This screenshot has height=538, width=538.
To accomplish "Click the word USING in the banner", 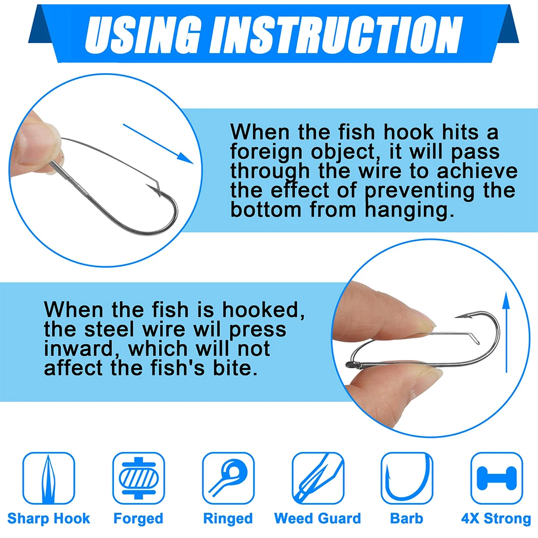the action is pos(143,34).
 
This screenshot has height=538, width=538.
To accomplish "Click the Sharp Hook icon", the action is pos(48,478).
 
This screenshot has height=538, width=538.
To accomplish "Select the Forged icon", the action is pos(139,478).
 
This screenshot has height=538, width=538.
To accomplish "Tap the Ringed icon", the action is pos(228,478).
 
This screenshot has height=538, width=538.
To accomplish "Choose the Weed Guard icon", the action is pos(318,478).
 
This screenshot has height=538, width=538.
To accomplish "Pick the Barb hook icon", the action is pos(407,478).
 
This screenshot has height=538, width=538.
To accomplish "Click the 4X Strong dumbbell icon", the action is pos(497,478).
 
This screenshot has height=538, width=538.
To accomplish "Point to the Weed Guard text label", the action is pos(318,518).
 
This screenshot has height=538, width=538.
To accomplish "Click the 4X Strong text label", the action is pos(496,519).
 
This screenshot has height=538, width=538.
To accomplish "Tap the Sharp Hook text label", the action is pos(48,518).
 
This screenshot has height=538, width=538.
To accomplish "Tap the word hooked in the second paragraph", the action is pos(263,310).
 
